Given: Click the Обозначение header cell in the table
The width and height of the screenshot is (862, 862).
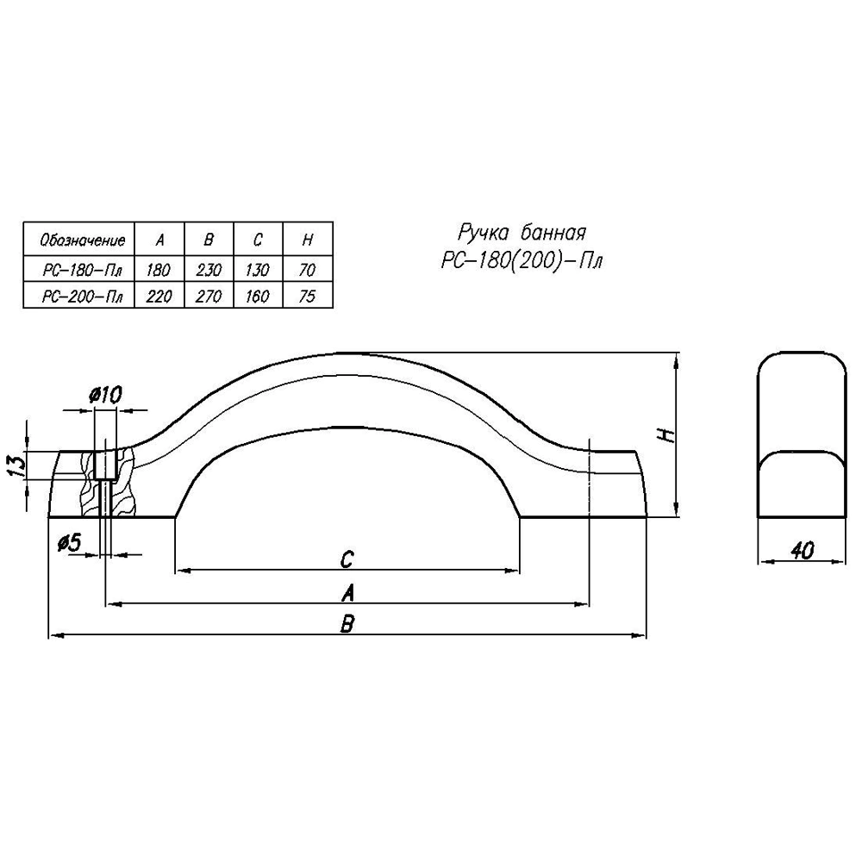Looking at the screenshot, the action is [x=83, y=240].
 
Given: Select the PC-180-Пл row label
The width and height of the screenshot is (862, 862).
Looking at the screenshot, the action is [x=83, y=270].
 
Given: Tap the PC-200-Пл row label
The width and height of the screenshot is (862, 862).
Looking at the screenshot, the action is [x=83, y=297].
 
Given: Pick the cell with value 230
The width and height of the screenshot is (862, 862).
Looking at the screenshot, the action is [x=209, y=270].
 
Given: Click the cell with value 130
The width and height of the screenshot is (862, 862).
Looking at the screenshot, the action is [x=257, y=270].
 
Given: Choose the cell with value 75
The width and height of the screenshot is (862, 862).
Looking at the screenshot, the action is [x=308, y=297].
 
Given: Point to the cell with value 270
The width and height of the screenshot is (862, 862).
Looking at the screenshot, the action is [x=209, y=297].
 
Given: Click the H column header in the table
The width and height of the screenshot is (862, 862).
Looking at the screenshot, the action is [x=308, y=240].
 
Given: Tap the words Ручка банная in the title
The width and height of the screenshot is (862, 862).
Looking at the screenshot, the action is [x=522, y=234].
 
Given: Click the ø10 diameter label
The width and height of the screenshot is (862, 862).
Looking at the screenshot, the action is [x=105, y=394].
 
